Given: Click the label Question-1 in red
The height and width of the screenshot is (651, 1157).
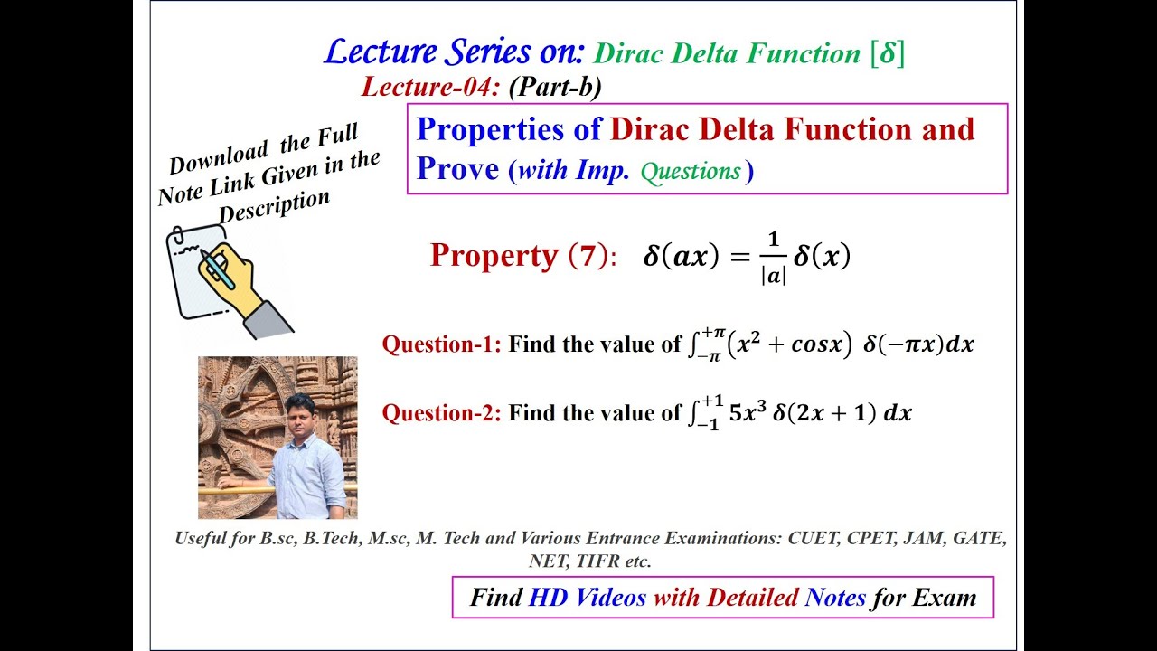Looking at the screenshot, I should pyautogui.click(x=441, y=344).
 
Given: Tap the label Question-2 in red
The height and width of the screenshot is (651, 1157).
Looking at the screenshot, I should pyautogui.click(x=441, y=413).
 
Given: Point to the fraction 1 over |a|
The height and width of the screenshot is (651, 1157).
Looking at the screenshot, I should pyautogui.click(x=772, y=258).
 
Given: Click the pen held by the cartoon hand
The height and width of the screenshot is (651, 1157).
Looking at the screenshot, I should pyautogui.click(x=218, y=269).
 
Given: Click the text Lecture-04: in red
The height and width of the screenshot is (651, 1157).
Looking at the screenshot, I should pyautogui.click(x=430, y=87).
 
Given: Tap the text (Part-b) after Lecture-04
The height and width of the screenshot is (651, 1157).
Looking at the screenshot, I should pyautogui.click(x=555, y=87).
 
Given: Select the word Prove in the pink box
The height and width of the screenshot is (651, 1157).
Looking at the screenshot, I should pyautogui.click(x=457, y=169).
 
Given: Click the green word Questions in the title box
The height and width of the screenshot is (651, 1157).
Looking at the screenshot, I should pyautogui.click(x=691, y=171).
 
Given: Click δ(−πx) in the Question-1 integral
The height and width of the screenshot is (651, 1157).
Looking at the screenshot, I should pyautogui.click(x=904, y=344).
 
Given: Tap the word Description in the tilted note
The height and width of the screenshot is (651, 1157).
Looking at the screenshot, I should pyautogui.click(x=273, y=207).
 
